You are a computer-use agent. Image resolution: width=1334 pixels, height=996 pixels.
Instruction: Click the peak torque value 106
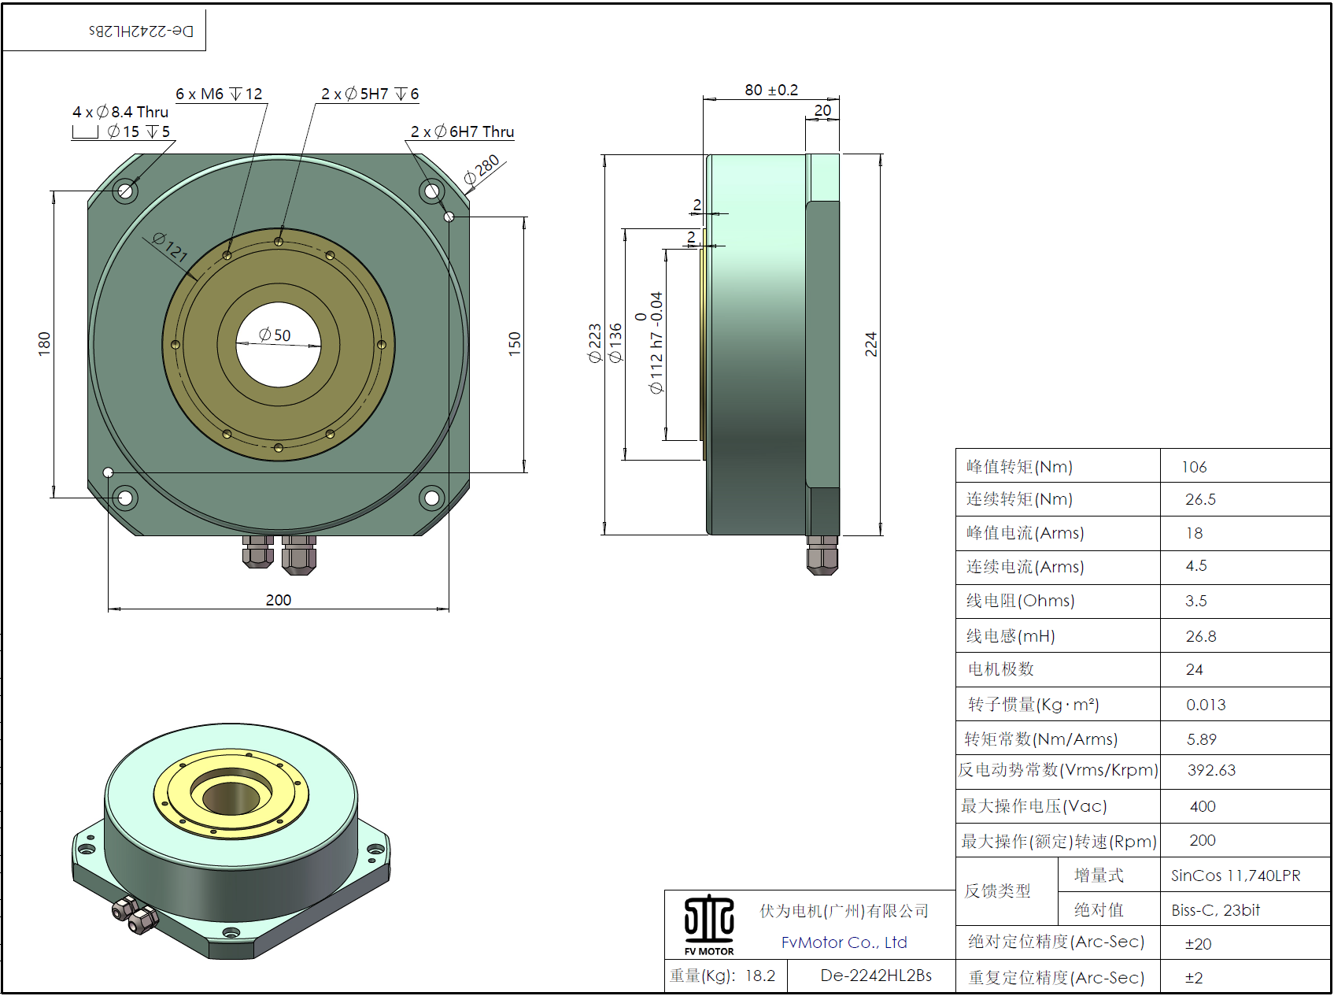(1194, 467)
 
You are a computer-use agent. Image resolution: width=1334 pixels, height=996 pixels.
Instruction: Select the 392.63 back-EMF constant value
(1211, 770)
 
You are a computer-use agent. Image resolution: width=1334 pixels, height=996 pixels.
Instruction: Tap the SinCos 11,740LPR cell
(1236, 876)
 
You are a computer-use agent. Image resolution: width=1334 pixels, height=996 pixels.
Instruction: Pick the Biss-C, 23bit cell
(1215, 910)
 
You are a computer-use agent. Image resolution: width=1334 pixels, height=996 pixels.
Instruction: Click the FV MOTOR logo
(709, 925)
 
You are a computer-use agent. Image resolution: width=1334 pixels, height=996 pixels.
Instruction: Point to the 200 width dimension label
(278, 600)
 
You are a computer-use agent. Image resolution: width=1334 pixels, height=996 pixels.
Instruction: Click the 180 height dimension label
(44, 343)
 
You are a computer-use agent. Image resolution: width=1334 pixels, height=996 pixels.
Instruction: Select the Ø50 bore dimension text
(275, 335)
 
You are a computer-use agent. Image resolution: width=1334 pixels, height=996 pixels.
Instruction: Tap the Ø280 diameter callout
(482, 170)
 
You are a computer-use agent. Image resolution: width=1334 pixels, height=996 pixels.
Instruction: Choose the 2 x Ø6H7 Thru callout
(462, 131)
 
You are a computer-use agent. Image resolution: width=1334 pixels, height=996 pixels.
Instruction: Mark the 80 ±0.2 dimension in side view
(770, 90)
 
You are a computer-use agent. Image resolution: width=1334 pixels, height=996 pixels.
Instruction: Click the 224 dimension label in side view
(870, 344)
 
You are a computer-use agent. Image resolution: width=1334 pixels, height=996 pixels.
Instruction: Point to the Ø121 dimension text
(170, 247)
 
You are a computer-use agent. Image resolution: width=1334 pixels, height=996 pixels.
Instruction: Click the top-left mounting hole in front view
(125, 191)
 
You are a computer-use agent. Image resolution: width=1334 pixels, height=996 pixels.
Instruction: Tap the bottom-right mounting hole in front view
(431, 497)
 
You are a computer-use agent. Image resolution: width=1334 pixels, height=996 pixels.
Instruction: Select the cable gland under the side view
(822, 555)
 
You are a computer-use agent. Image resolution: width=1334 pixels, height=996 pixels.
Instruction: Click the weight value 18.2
(759, 976)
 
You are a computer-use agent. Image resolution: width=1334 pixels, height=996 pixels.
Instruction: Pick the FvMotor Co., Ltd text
(844, 942)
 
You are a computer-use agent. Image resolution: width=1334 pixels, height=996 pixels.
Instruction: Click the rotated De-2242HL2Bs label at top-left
(141, 31)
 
